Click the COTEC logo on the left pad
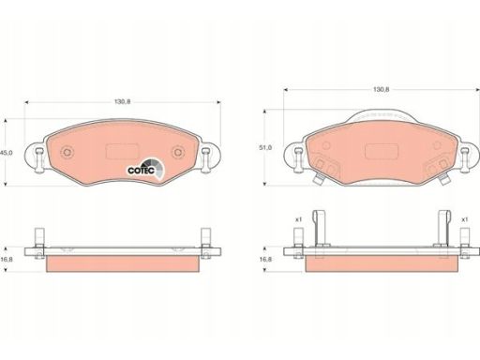(x=145, y=168)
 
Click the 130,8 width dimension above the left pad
(x=122, y=102)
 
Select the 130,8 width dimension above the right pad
(x=382, y=89)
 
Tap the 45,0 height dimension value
(x=6, y=153)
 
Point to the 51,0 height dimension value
(x=265, y=147)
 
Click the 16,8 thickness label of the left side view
(x=7, y=260)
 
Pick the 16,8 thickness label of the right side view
(x=265, y=260)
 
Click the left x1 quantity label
(x=299, y=219)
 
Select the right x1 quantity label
(x=465, y=219)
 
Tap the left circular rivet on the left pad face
(x=67, y=153)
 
